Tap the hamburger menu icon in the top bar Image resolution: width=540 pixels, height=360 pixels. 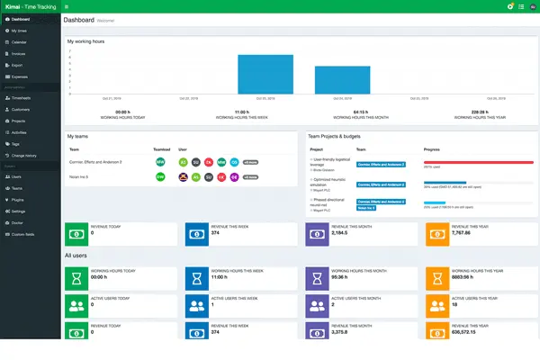(67, 5)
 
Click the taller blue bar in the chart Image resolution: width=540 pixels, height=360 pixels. (265, 74)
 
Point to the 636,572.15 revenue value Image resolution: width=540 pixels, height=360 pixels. (469, 331)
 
